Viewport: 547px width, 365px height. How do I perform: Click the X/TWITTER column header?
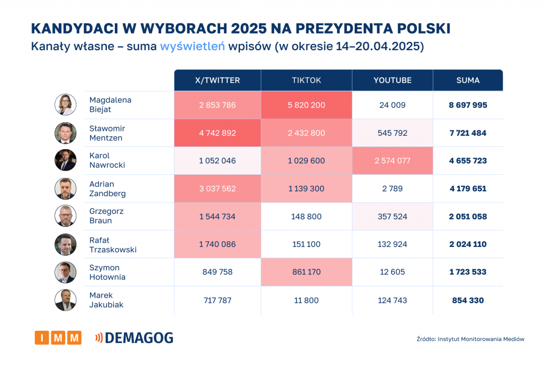217,80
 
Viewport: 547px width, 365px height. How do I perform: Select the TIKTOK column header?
307,80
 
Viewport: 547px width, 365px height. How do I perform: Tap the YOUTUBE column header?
393,80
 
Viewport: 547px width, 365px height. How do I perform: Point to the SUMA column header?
468,80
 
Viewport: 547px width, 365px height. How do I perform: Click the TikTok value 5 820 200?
307,105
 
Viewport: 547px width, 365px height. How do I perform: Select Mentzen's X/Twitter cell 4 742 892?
217,133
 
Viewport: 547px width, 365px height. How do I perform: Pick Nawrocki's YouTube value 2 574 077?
393,161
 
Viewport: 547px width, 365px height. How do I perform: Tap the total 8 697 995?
468,105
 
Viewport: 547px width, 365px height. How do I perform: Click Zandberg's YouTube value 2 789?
393,189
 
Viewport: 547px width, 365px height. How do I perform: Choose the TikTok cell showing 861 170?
307,272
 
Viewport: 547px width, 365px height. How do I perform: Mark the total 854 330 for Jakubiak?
468,300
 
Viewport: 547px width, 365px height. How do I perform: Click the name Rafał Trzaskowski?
113,245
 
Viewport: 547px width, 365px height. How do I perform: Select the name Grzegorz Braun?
106,216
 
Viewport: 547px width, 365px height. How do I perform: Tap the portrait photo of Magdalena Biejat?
66,105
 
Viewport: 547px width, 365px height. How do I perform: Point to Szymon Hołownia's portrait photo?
66,272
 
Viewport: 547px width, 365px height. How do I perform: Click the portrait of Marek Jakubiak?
66,300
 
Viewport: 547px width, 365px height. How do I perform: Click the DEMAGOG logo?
134,338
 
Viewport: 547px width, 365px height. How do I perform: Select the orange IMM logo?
58,338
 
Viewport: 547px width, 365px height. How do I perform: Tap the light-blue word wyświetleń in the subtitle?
192,46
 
